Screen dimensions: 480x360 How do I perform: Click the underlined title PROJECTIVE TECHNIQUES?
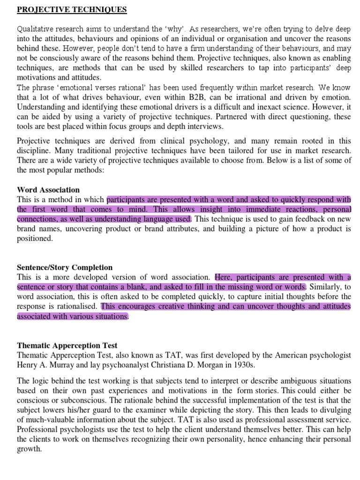72,10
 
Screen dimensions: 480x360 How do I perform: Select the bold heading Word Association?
48,190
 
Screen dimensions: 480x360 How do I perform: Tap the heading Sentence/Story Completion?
65,267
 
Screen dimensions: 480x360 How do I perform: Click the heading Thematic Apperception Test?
67,345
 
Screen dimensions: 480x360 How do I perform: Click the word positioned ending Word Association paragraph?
35,239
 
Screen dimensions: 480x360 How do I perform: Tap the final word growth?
29,449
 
